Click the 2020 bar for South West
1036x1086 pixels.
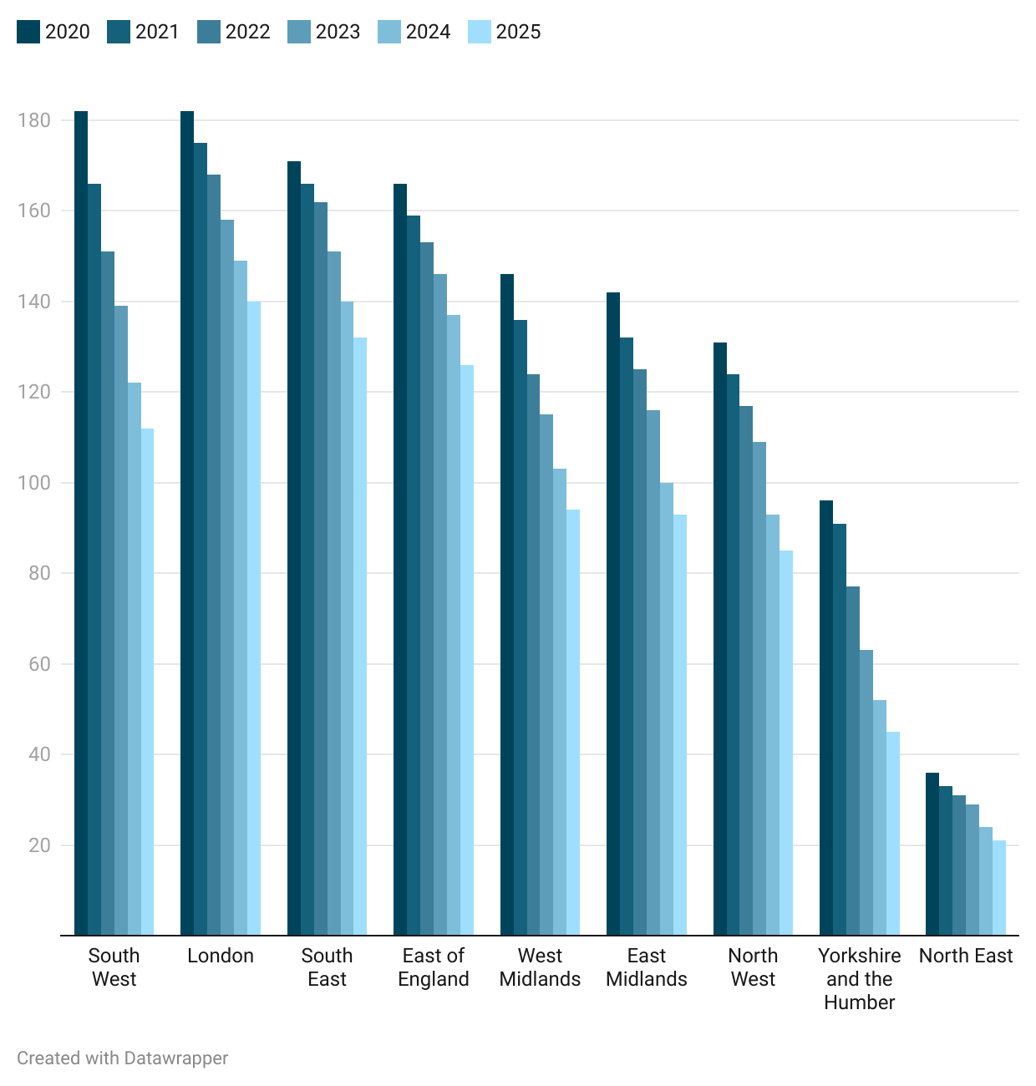coord(81,523)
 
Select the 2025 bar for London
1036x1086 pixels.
coord(254,618)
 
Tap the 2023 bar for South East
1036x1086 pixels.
coord(334,593)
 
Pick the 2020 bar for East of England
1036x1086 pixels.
coord(400,560)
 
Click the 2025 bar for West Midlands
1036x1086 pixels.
coord(573,723)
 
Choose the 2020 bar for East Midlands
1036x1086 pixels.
coord(613,614)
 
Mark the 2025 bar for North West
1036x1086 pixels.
coord(786,743)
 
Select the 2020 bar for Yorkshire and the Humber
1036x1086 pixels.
coord(826,718)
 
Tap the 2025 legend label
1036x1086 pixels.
coord(518,32)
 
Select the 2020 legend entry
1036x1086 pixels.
coord(53,32)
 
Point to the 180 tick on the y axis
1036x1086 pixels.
coord(34,120)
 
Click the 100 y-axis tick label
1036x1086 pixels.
coord(34,483)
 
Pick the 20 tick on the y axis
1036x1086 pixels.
coord(39,845)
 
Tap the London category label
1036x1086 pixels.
coord(221,956)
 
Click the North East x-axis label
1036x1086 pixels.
coord(966,956)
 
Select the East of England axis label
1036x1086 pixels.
coord(434,967)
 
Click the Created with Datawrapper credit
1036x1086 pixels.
coord(123,1058)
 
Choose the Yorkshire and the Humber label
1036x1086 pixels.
coord(860,979)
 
